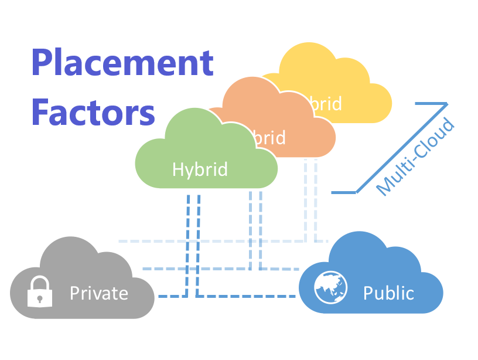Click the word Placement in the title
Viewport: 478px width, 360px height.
click(122, 64)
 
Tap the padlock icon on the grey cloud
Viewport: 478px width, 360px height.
click(40, 291)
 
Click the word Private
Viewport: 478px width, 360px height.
click(99, 293)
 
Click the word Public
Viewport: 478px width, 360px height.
click(388, 293)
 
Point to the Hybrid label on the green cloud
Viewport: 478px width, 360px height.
click(200, 169)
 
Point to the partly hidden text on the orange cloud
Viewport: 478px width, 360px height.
click(271, 138)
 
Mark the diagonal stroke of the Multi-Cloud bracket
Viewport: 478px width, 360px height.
click(401, 147)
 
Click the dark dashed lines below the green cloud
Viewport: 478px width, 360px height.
click(194, 235)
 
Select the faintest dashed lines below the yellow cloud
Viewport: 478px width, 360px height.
click(310, 199)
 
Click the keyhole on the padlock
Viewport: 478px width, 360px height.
click(40, 297)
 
